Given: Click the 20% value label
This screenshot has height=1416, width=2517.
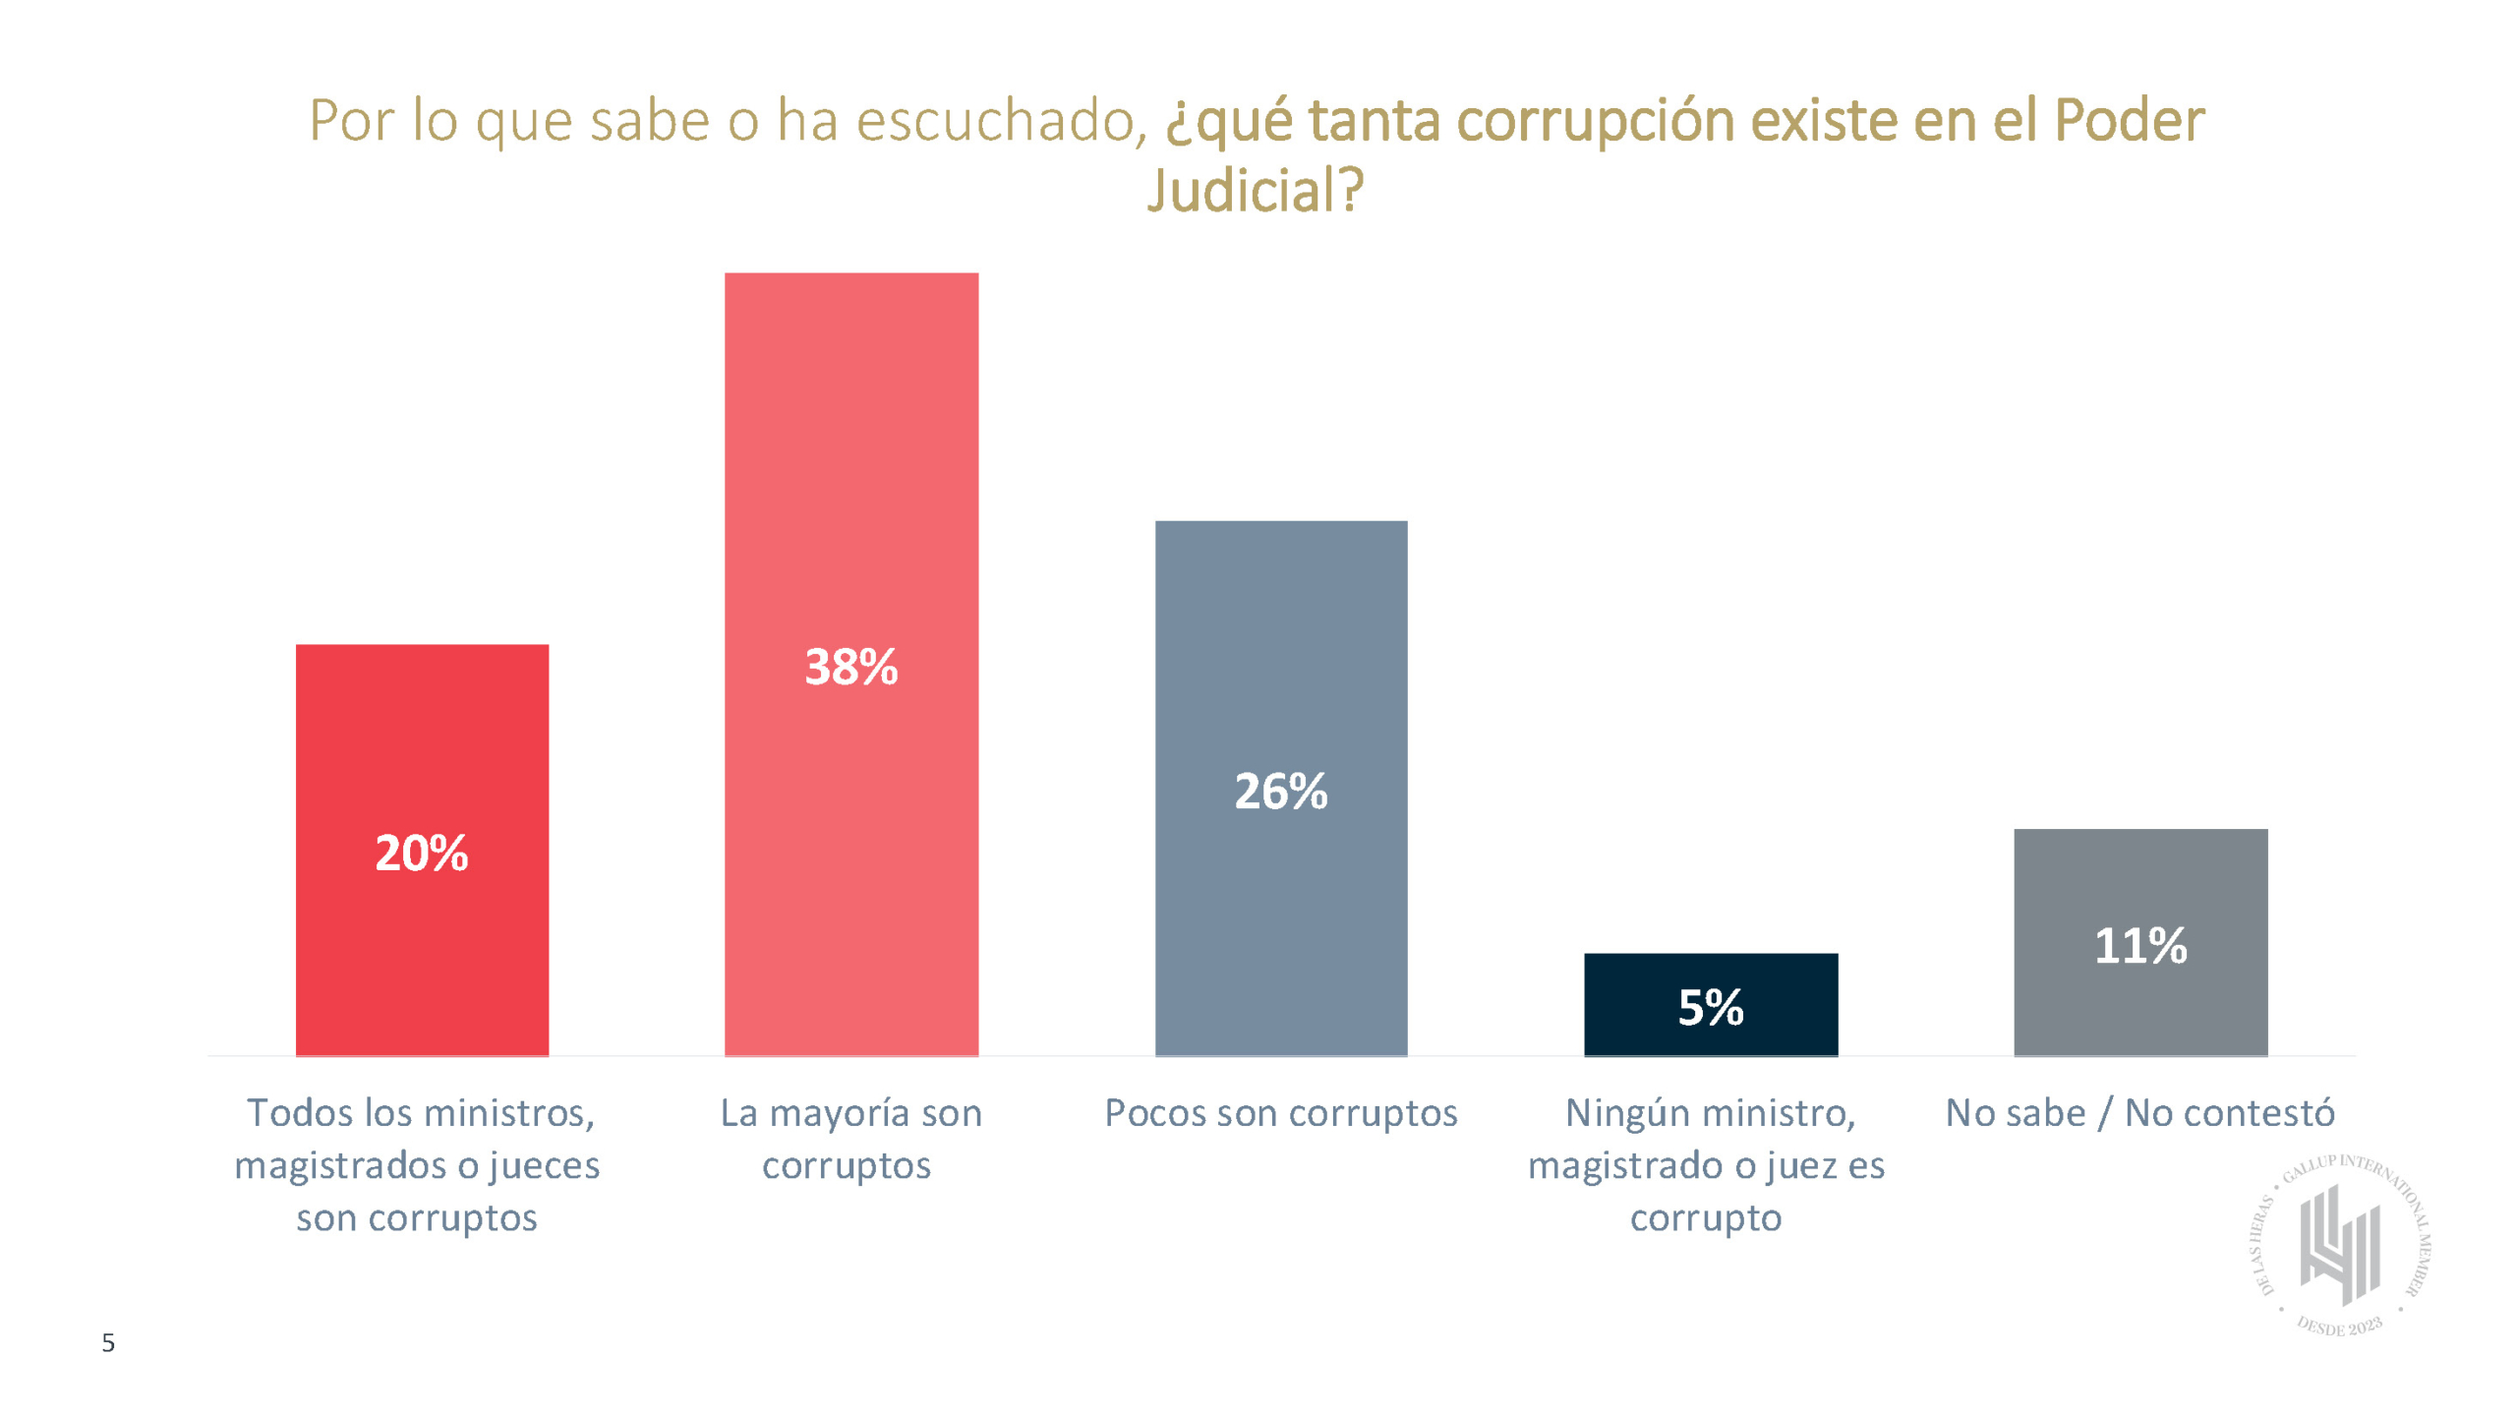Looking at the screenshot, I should pyautogui.click(x=421, y=853).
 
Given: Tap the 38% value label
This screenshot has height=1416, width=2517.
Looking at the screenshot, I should pyautogui.click(x=850, y=667).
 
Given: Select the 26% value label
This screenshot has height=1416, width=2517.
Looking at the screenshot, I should pyautogui.click(x=1280, y=791).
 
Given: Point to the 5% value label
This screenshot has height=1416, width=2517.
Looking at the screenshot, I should pyautogui.click(x=1711, y=1007).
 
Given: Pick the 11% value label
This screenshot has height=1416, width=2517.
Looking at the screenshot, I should pyautogui.click(x=2140, y=946).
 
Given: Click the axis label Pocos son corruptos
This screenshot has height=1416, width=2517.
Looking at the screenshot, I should pyautogui.click(x=1280, y=1113).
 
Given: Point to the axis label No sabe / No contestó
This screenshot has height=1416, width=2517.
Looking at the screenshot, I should pyautogui.click(x=2139, y=1113).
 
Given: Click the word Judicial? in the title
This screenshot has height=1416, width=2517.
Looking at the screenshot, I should pyautogui.click(x=1256, y=190).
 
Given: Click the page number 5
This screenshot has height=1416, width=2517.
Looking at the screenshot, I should pyautogui.click(x=108, y=1343).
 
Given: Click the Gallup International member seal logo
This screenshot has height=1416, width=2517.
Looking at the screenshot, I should pyautogui.click(x=2340, y=1245).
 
